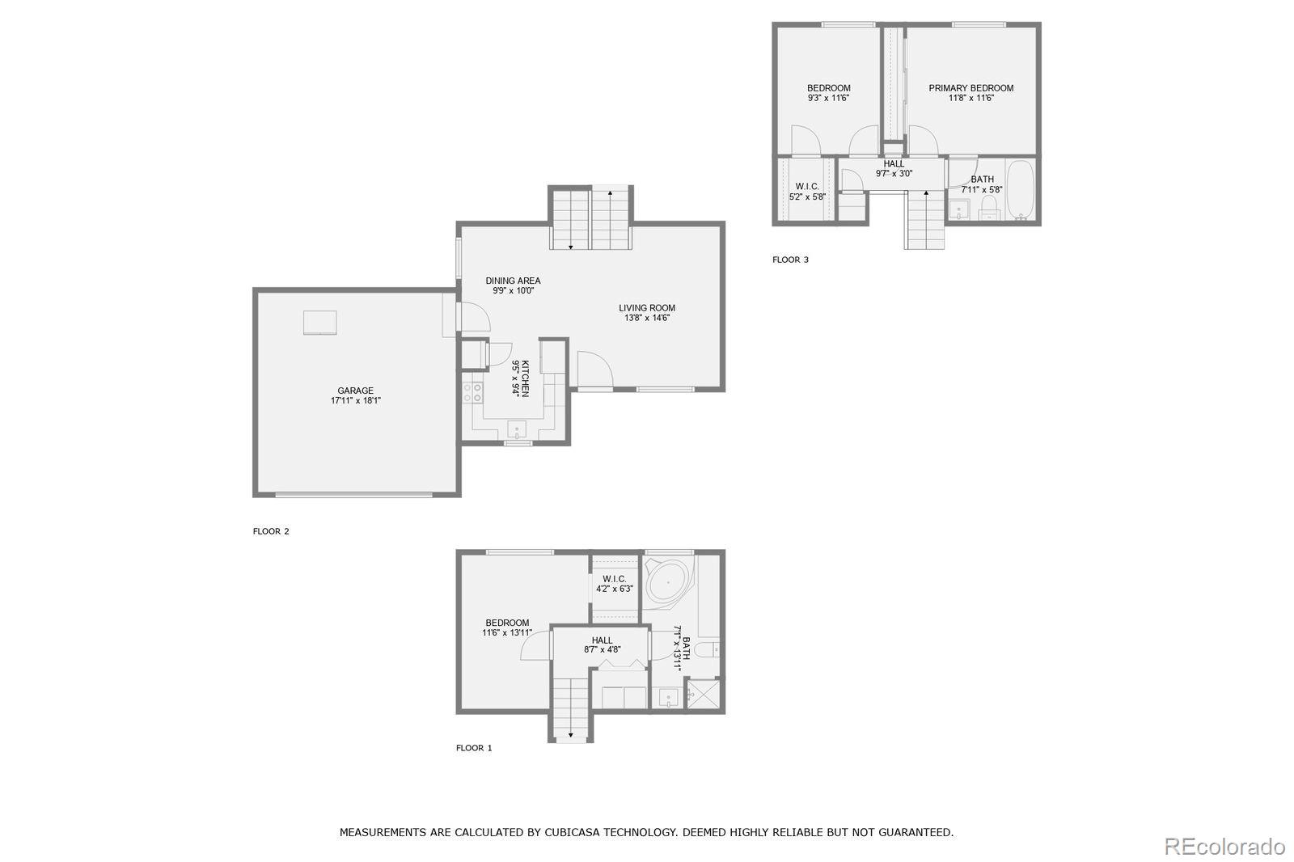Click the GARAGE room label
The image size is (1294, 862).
tap(355, 391)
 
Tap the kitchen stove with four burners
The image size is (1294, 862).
tap(472, 392)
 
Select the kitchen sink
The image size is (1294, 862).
tap(517, 429)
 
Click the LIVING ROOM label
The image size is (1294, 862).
tap(647, 307)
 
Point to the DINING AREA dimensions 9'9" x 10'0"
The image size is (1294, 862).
tap(513, 290)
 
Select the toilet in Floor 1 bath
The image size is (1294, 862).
tap(708, 649)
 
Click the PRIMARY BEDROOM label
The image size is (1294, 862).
tap(970, 88)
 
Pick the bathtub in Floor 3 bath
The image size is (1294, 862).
tap(1020, 191)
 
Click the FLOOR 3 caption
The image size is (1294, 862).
tap(790, 260)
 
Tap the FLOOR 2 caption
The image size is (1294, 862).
tap(271, 531)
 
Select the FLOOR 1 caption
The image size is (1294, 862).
tap(474, 748)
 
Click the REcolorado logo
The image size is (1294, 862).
tap(1224, 847)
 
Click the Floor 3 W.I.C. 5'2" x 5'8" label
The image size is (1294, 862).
tap(807, 191)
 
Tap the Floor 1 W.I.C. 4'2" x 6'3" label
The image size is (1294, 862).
tap(614, 584)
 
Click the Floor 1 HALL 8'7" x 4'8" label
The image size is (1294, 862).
tap(602, 644)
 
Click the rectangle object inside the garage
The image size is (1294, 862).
tap(320, 322)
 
